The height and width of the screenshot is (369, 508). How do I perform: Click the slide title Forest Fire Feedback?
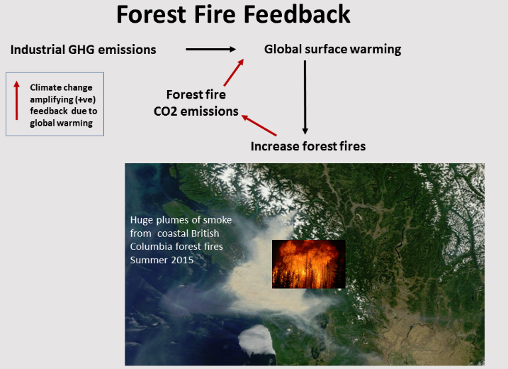coord(233,14)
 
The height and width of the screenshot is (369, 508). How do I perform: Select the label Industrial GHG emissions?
coord(84,50)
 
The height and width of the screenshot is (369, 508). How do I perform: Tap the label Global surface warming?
coord(333,50)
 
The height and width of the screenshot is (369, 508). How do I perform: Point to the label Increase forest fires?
coord(308,146)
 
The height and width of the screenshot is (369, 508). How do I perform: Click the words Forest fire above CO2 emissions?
coord(196,94)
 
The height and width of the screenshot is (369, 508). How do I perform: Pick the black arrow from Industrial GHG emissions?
coord(210,50)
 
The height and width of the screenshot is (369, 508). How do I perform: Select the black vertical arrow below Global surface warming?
coord(305,97)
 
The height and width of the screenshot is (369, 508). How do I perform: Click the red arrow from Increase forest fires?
coord(259,125)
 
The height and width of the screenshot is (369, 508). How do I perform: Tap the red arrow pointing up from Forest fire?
coord(234,72)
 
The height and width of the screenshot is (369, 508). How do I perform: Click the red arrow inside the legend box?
coord(16,100)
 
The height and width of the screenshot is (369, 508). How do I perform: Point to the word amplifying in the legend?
coord(47,99)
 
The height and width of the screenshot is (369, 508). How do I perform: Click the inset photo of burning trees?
coord(308,264)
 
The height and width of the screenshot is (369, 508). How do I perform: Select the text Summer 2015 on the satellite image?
coord(162,260)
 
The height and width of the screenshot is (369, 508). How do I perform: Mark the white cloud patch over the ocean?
coord(257,340)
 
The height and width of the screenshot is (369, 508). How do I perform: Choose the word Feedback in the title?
coord(297,14)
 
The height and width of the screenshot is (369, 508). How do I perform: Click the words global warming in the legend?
coord(61,123)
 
